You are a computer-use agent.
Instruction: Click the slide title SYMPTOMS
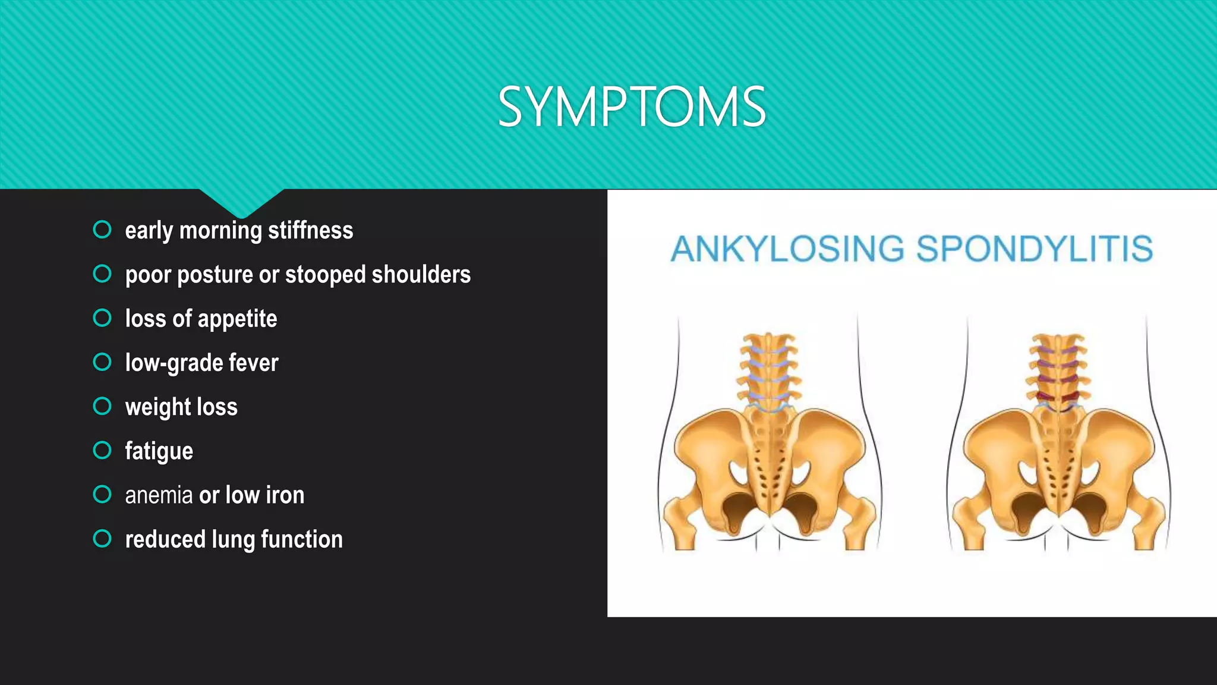[632, 107]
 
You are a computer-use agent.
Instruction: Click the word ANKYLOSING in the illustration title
[787, 249]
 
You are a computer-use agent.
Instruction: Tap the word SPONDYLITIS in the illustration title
[1034, 249]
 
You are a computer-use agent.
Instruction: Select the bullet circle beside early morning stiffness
[102, 230]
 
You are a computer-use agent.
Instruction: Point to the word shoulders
[421, 275]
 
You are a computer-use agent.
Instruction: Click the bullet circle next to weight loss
[102, 406]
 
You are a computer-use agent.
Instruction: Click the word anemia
[159, 495]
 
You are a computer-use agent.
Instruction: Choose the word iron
[285, 495]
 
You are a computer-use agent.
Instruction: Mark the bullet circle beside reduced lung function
[102, 539]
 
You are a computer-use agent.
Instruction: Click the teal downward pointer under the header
[241, 202]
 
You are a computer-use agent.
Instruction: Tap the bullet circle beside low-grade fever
[102, 362]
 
